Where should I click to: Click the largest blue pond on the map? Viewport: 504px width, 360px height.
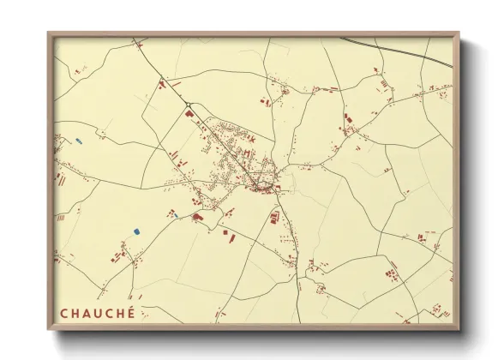(x=136, y=231)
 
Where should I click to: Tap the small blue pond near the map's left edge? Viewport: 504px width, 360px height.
(x=78, y=140)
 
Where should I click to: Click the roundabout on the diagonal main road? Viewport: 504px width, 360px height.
(x=188, y=107)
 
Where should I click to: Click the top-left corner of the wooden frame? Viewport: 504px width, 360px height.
(x=49, y=33)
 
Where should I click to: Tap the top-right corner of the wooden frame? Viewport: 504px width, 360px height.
(x=459, y=33)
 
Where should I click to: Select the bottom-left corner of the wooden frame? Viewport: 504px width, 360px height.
(x=49, y=329)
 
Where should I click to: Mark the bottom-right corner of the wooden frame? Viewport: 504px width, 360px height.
(x=459, y=329)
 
